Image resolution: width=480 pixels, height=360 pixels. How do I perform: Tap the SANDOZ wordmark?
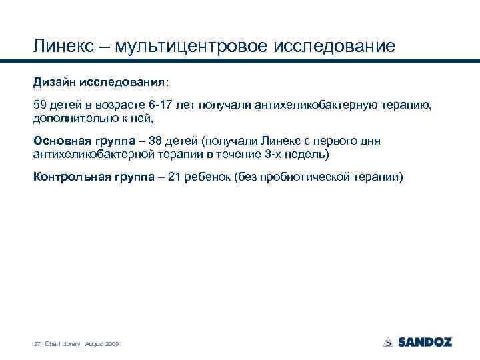[x=425, y=342]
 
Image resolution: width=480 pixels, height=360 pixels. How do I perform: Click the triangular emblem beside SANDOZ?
[x=388, y=342]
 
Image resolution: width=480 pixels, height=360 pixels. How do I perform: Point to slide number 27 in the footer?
[x=37, y=344]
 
